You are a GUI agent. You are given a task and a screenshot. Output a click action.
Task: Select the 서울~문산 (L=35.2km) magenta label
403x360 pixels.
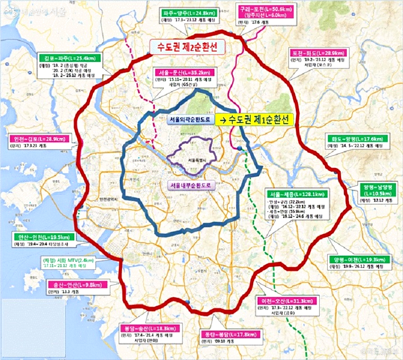(x=183, y=72)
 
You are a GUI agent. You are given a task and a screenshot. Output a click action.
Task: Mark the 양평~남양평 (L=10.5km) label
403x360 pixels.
(x=377, y=190)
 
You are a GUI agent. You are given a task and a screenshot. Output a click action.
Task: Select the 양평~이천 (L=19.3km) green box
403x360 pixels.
(x=358, y=259)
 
